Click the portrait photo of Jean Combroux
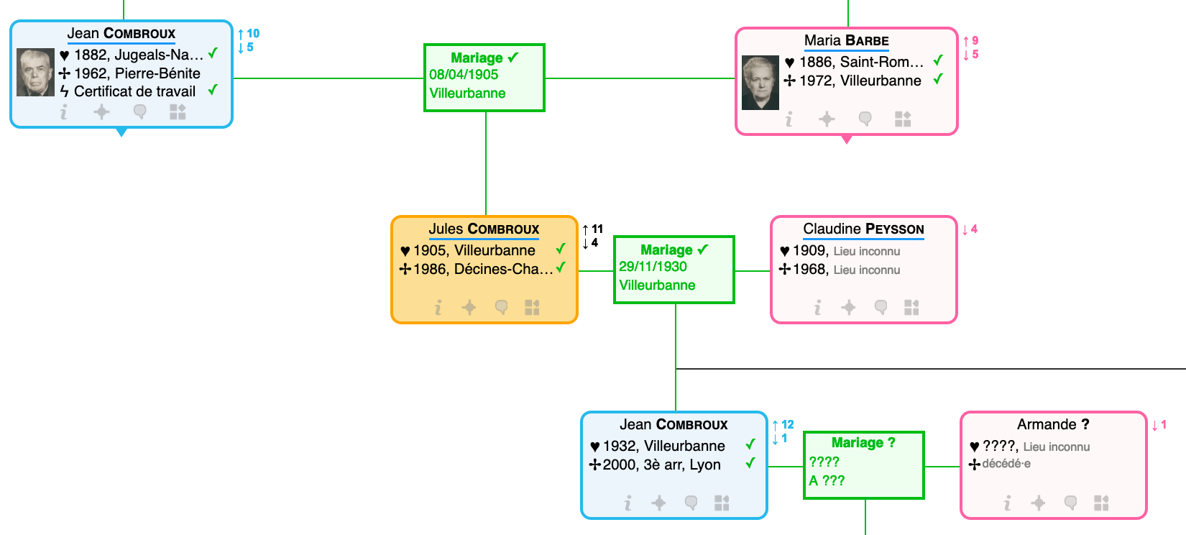[x=35, y=73]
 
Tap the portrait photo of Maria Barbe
[x=760, y=83]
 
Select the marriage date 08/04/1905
[x=464, y=75]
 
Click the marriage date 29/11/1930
[x=653, y=267]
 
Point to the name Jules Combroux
[x=484, y=229]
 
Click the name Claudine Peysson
[x=863, y=229]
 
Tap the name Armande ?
[x=1053, y=424]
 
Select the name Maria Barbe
[x=847, y=40]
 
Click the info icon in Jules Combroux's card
[x=438, y=307]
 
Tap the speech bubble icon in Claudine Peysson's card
[x=881, y=307]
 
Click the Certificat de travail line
[x=129, y=91]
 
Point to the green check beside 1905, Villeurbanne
[x=561, y=248]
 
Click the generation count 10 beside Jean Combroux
[x=253, y=33]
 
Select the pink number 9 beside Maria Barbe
[x=975, y=40]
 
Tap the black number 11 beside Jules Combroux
[x=597, y=229]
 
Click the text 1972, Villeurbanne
[x=860, y=81]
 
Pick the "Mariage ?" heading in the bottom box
[x=863, y=442]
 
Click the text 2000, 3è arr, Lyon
[x=661, y=465]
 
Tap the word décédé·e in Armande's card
[x=1006, y=464]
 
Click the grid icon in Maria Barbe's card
[x=903, y=119]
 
